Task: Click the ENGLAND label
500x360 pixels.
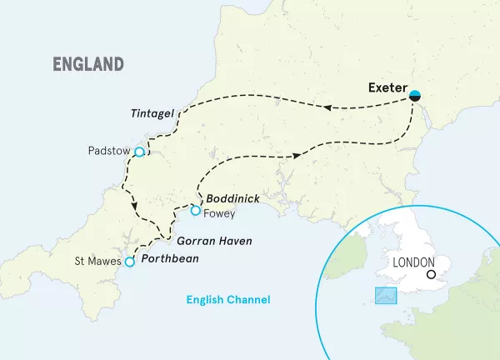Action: click(87, 64)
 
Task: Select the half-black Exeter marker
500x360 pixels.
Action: click(414, 96)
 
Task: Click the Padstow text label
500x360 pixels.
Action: click(108, 152)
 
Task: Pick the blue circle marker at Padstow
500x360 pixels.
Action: click(140, 152)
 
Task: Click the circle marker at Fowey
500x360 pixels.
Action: click(195, 211)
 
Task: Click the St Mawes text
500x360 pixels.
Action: click(97, 262)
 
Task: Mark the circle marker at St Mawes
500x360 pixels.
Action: click(129, 262)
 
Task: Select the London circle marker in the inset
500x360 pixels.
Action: click(431, 275)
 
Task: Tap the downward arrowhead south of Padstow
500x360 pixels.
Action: click(133, 207)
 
